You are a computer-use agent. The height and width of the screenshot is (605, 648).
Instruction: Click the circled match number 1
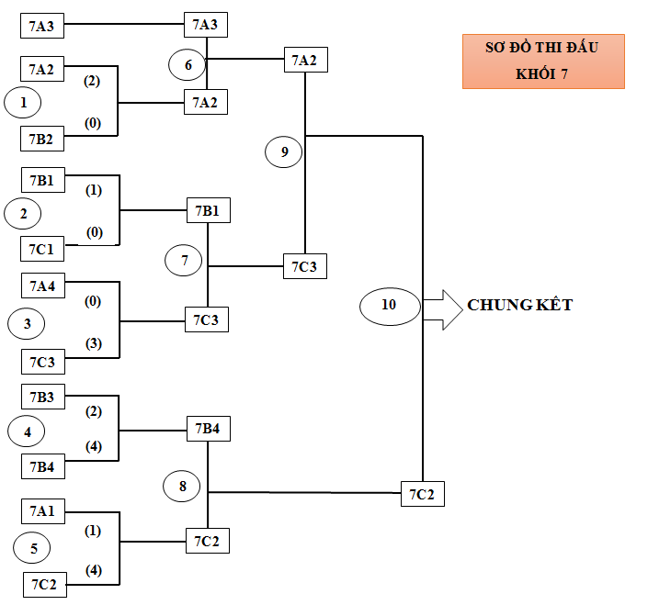(24, 103)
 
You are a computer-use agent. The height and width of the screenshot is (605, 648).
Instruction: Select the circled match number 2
(24, 214)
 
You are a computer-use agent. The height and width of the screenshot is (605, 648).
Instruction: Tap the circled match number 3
(28, 323)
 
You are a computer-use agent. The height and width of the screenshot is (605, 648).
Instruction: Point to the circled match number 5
(34, 549)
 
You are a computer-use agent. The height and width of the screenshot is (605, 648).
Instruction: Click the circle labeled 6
(188, 64)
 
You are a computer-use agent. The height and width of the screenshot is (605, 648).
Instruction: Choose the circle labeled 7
(185, 261)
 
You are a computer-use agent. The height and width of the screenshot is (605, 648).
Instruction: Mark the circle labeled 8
(183, 487)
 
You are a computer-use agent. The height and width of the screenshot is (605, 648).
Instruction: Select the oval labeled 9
(284, 151)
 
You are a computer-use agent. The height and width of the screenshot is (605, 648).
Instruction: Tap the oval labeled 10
(389, 305)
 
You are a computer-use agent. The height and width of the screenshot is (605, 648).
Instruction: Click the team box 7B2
(42, 139)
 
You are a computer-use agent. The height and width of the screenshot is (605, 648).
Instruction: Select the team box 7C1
(42, 249)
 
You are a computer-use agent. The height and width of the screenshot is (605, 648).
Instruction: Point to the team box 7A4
(42, 285)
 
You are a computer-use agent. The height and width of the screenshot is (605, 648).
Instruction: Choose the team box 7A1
(42, 510)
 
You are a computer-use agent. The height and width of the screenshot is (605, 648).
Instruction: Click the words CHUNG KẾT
(519, 305)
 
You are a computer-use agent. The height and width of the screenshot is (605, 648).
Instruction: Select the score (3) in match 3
(93, 343)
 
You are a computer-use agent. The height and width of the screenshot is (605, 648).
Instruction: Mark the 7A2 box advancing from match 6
(304, 61)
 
